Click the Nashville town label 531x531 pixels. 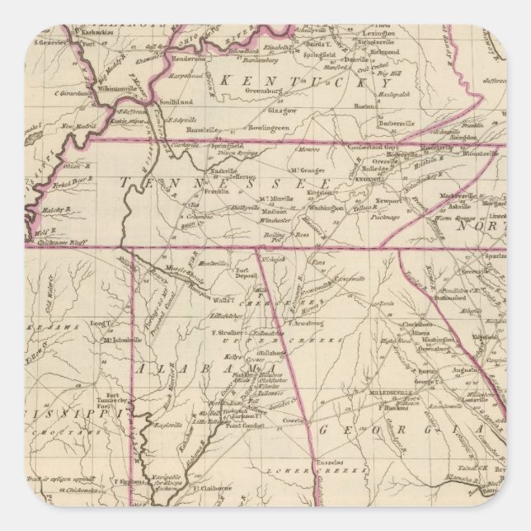[225, 171]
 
